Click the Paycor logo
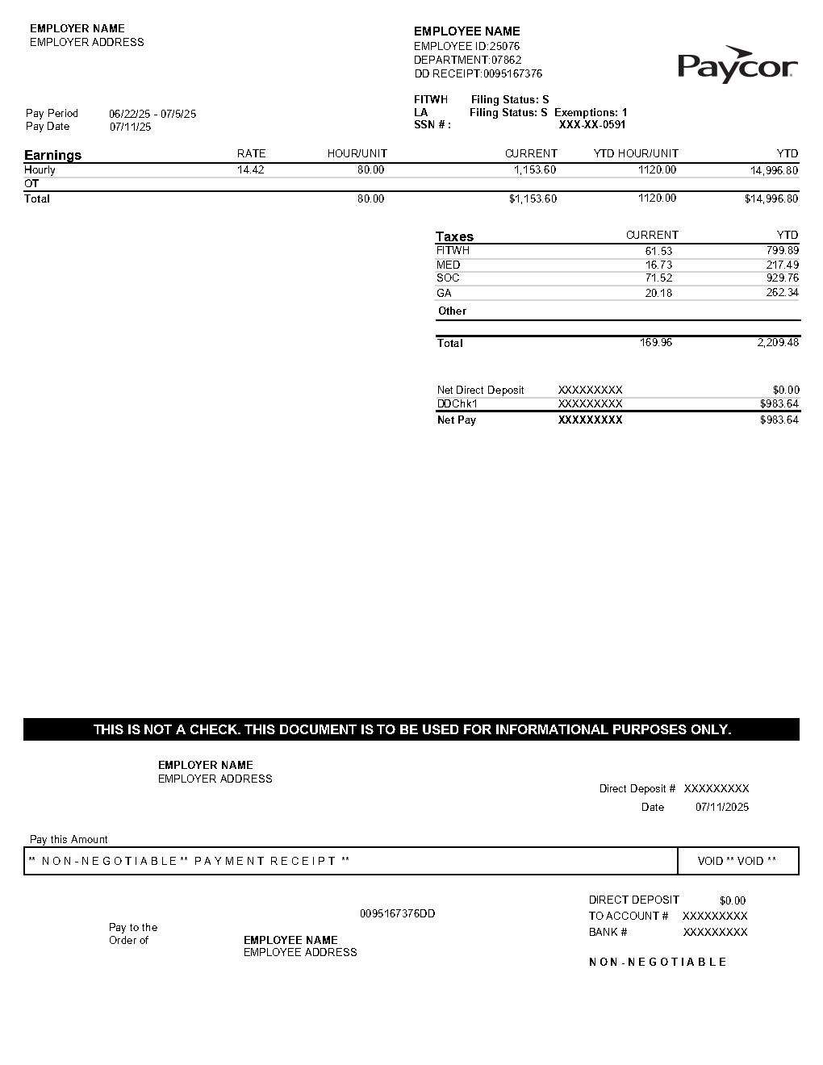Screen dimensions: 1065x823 coord(737,65)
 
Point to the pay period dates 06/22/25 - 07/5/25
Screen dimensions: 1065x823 coord(152,114)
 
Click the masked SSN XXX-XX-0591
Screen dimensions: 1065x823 coord(592,125)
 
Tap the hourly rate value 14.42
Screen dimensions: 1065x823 coord(250,170)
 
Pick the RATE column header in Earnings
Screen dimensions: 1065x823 coord(251,153)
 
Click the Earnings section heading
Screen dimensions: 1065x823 coord(52,155)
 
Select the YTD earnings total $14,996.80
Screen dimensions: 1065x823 coord(771,198)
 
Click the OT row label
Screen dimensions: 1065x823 coord(31,184)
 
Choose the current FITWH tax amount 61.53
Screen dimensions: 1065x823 coord(658,251)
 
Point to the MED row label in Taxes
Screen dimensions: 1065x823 coord(448,265)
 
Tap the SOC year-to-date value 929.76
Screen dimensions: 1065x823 coord(782,278)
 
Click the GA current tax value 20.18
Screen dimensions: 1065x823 coord(658,293)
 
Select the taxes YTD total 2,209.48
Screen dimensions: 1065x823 coord(778,343)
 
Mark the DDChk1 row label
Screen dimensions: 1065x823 coord(457,403)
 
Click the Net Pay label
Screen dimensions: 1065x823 coord(456,420)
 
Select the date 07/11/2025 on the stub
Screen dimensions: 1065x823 coord(721,807)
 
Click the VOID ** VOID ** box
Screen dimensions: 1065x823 coord(737,861)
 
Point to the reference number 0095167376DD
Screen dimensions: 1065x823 coord(397,913)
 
